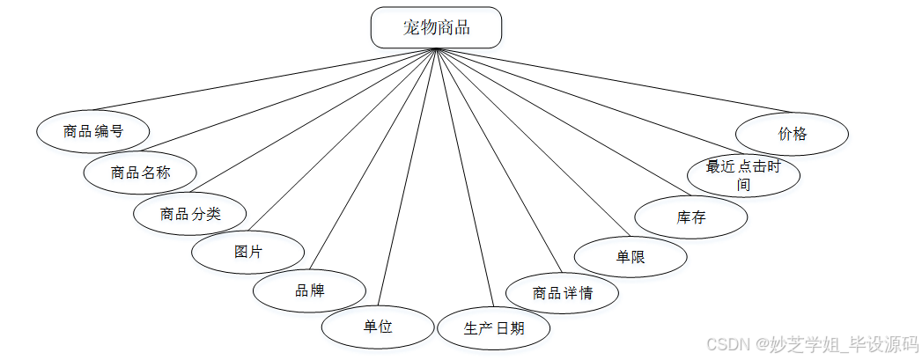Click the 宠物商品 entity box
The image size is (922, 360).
(436, 27)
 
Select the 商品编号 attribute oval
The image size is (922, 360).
(92, 132)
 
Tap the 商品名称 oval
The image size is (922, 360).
(140, 173)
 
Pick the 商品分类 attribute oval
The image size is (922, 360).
(189, 213)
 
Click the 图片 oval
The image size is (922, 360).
(248, 253)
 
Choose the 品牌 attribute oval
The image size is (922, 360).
(309, 291)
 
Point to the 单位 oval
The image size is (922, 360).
(378, 327)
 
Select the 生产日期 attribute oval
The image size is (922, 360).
(493, 329)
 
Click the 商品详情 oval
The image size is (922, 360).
(562, 293)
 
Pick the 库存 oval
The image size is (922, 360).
(691, 217)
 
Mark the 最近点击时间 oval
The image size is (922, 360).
(743, 174)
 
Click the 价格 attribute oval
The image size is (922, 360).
(792, 135)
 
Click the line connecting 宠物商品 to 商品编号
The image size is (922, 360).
(264, 81)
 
